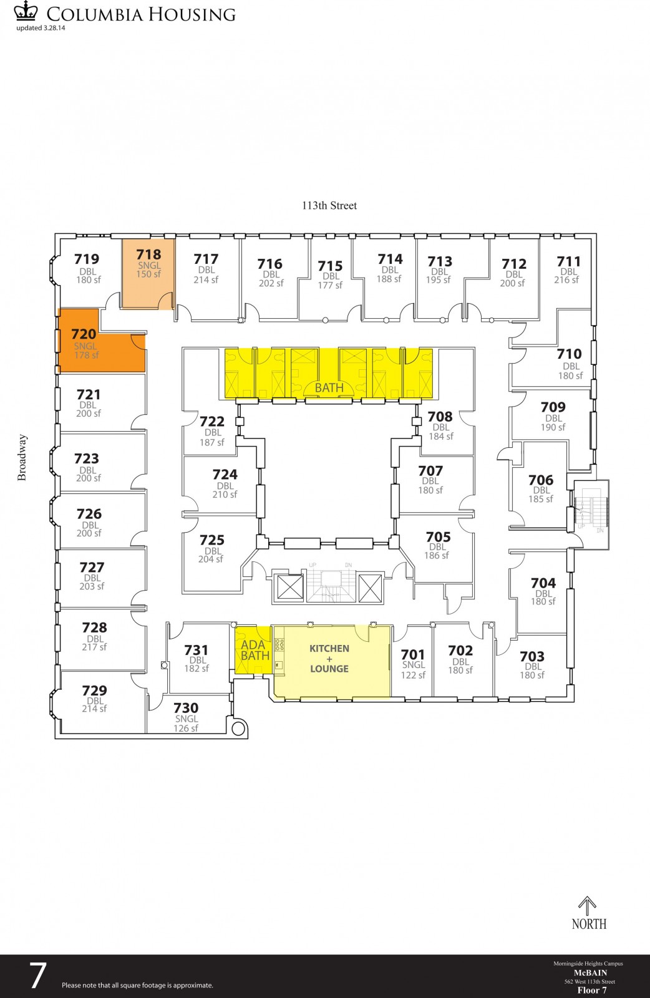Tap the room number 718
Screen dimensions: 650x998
(x=148, y=254)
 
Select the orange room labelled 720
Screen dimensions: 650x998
(x=102, y=341)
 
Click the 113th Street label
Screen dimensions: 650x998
(x=329, y=205)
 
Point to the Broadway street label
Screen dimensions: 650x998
(x=22, y=458)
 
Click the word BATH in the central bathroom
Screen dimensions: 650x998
(x=329, y=387)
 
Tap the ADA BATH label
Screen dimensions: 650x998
(x=255, y=650)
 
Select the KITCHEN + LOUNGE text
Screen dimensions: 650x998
(x=329, y=659)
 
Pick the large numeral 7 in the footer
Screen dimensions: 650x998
(x=37, y=976)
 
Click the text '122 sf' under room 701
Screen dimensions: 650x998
(x=413, y=675)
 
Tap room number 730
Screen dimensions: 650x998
(x=186, y=708)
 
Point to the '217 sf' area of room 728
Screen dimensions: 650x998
(x=94, y=647)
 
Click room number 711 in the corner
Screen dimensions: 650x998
(x=568, y=261)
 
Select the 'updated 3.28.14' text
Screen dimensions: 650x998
(x=41, y=27)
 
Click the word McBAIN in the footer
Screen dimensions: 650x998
(x=590, y=972)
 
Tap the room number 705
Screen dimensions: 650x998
(x=438, y=537)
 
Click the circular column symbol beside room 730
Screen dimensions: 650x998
(x=238, y=729)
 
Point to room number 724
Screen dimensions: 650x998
(x=225, y=475)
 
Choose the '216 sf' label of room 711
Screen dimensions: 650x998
(x=566, y=280)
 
